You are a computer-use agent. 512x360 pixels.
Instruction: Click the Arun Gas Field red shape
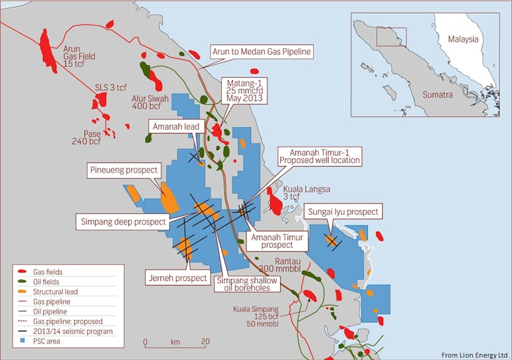point(48,51)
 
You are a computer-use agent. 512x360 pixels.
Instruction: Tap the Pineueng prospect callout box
point(124,170)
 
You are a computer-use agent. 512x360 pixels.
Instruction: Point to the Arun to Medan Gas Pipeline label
point(262,52)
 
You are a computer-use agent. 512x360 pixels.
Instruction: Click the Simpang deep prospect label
point(124,222)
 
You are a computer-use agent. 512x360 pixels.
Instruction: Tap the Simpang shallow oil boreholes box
point(247,284)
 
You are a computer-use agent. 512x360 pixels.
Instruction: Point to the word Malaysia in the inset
point(463,40)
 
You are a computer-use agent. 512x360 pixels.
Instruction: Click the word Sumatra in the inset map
point(437,95)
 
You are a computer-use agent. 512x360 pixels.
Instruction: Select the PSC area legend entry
point(47,341)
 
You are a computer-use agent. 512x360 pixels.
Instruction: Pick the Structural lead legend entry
point(55,292)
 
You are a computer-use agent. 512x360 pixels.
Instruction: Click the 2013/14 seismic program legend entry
point(73,331)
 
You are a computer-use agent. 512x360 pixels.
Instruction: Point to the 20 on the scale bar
point(205,342)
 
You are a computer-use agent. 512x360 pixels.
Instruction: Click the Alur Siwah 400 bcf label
point(151,102)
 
